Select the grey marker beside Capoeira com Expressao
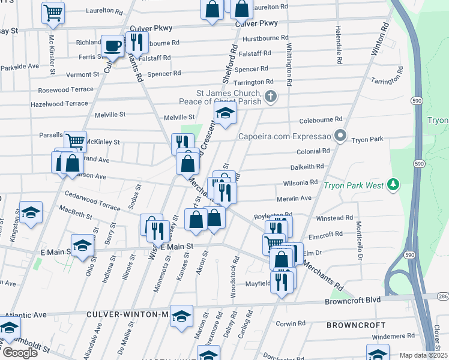click(x=340, y=135)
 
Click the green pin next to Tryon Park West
click(x=393, y=184)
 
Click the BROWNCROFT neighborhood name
click(x=356, y=325)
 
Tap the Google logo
click(x=19, y=353)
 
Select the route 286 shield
click(x=443, y=296)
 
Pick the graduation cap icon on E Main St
click(x=82, y=245)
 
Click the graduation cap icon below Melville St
click(x=225, y=113)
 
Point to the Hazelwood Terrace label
click(x=59, y=104)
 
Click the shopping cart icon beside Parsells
click(x=75, y=141)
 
